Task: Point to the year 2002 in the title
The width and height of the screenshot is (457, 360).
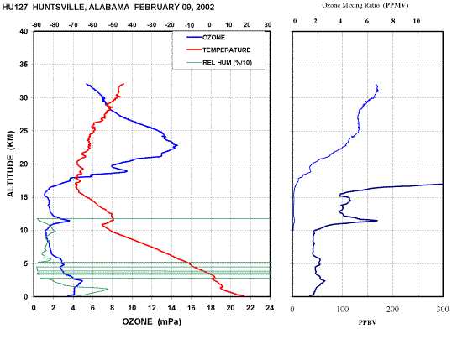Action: [205, 8]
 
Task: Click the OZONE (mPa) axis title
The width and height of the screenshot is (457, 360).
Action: [151, 321]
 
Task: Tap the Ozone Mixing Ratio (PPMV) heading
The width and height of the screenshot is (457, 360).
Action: [365, 5]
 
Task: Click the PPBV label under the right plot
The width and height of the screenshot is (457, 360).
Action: [367, 322]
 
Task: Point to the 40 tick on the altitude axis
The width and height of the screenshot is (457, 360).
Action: [27, 31]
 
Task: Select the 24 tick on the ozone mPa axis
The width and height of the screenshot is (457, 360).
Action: [270, 308]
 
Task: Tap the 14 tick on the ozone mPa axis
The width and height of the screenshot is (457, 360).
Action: [171, 308]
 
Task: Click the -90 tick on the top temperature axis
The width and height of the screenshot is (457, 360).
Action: [36, 25]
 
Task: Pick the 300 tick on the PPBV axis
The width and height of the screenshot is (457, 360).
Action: [443, 309]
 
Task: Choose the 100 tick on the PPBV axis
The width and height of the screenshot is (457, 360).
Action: [343, 309]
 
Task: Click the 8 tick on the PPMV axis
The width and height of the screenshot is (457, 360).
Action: [393, 21]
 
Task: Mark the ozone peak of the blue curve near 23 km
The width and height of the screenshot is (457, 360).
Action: [177, 145]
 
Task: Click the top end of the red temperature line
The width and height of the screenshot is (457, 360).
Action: [123, 84]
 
